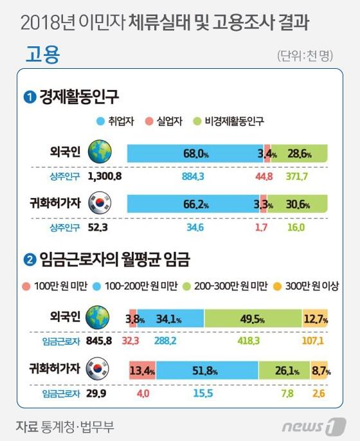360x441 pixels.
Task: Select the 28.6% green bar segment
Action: pos(298,154)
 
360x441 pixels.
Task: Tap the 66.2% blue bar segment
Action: pos(193,204)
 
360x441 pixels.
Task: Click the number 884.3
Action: pos(192,175)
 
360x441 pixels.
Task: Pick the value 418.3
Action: pos(251,340)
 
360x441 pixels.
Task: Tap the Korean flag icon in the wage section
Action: pos(100,370)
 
